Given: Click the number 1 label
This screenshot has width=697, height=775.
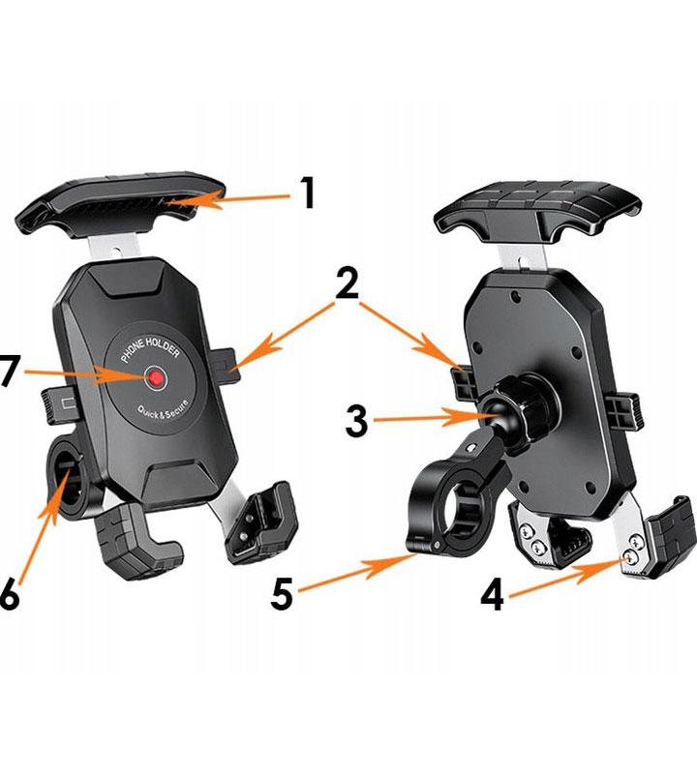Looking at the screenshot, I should (308, 193).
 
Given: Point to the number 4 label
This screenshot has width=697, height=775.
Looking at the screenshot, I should (493, 595).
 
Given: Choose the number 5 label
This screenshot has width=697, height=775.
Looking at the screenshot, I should (282, 594).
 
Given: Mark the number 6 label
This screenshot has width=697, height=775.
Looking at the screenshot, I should (9, 595).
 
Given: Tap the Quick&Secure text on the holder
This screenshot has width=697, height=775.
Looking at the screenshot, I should (165, 407).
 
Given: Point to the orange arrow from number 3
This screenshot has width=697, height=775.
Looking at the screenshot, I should (436, 418).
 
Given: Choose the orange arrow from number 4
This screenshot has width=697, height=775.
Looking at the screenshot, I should (571, 575).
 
